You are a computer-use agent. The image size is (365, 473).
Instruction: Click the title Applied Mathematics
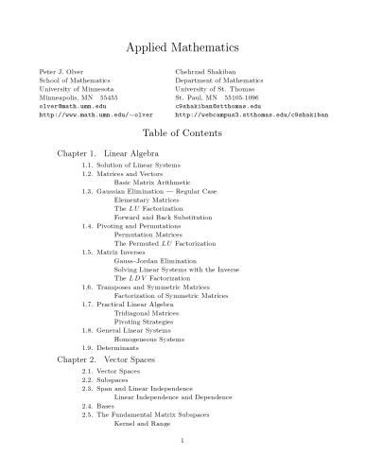coord(182,45)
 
